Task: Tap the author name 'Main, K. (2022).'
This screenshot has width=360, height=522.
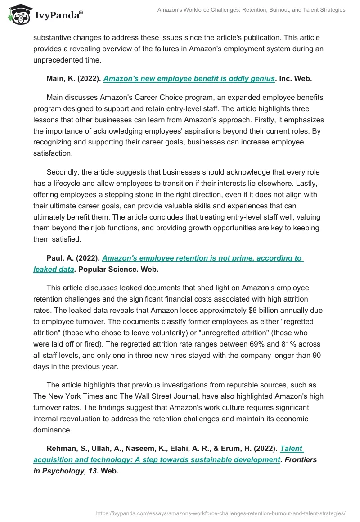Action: tap(74, 78)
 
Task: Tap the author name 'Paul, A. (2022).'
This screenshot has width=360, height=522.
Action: tap(73, 258)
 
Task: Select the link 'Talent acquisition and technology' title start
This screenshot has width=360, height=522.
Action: tap(292, 449)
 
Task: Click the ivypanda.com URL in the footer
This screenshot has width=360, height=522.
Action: tap(221, 513)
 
